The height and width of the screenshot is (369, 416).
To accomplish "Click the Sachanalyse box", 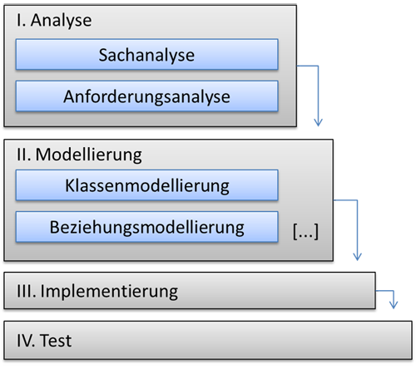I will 146,57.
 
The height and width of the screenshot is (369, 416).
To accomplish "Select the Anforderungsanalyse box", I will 146,96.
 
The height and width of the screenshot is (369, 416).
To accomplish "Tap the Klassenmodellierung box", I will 146,184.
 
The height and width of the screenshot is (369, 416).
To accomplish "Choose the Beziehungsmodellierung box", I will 146,225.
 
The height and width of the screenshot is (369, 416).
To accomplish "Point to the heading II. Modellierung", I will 79,155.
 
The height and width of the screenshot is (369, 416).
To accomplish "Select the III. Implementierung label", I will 97,292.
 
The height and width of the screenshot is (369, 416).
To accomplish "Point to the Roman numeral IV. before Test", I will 26,340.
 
